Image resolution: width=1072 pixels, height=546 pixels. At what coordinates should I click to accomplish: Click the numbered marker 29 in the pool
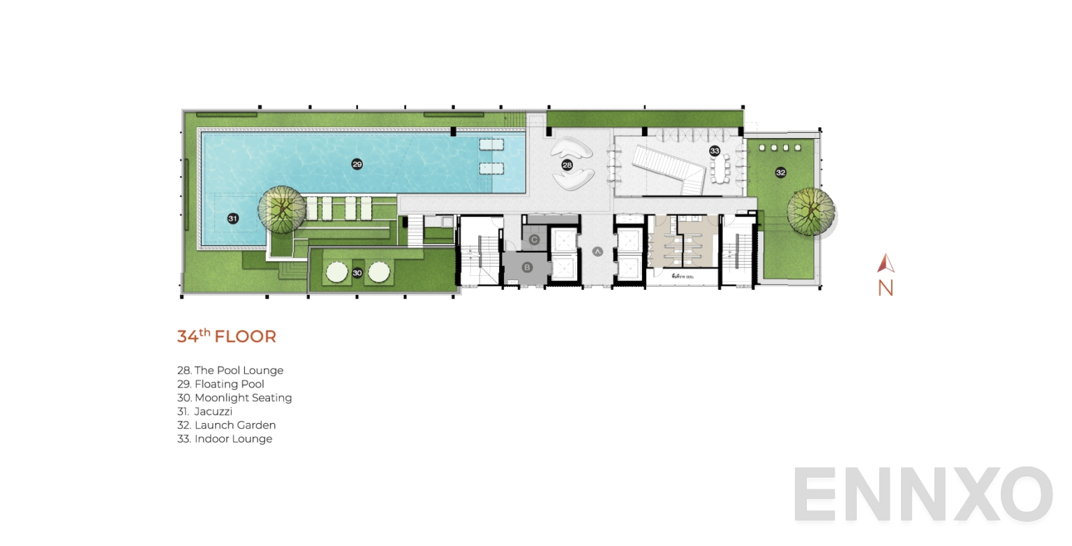tap(357, 164)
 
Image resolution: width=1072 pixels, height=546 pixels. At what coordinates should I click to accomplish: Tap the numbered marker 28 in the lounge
tap(567, 165)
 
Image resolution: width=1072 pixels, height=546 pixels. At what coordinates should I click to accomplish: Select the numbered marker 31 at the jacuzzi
tap(233, 219)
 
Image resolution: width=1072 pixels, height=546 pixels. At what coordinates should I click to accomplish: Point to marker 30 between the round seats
tap(357, 273)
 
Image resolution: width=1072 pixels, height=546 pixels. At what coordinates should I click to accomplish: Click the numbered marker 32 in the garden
tap(780, 172)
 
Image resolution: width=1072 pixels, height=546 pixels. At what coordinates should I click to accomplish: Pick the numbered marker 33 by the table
tap(714, 151)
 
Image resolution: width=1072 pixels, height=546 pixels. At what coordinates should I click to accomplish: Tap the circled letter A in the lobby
tap(597, 251)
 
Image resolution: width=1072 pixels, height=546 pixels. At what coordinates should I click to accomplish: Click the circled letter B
tap(527, 267)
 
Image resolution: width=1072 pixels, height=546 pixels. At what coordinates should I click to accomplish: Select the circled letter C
tap(534, 240)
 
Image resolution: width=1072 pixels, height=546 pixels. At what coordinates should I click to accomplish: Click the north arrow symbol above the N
tap(886, 263)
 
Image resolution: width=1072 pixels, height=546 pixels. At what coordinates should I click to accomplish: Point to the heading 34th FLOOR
tap(226, 337)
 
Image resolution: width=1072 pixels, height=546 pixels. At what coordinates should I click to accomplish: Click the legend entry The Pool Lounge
tap(230, 371)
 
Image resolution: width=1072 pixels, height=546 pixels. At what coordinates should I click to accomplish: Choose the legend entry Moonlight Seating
tap(234, 398)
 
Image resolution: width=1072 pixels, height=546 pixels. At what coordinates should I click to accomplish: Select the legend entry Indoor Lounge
tap(225, 439)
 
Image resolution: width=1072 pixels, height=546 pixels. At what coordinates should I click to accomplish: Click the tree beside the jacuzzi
tap(281, 209)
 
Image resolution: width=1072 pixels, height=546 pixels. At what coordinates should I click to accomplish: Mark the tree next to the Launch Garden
tap(810, 210)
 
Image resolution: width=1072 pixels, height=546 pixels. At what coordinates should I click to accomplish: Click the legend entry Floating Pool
tap(221, 384)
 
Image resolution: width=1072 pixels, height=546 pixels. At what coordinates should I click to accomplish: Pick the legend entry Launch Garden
tap(227, 425)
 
